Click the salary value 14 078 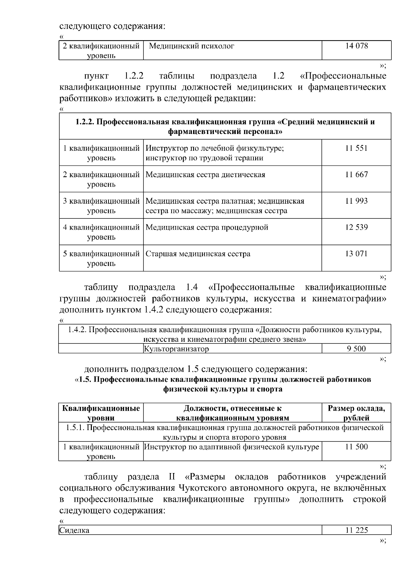[356, 46]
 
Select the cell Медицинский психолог [191, 46]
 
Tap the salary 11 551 [356, 148]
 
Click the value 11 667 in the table [356, 175]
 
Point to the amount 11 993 [356, 201]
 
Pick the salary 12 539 [356, 228]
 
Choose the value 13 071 [356, 254]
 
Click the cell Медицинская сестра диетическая [205, 175]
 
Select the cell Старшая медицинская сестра [198, 254]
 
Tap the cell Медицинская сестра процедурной [207, 228]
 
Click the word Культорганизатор [176, 349]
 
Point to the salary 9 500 [356, 349]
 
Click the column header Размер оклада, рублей [356, 413]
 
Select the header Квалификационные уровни [101, 413]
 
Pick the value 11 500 [356, 447]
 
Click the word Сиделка [74, 530]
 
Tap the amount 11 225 [356, 530]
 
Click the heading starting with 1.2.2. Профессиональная [225, 127]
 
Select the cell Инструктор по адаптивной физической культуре [231, 447]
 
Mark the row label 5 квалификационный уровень [101, 259]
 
